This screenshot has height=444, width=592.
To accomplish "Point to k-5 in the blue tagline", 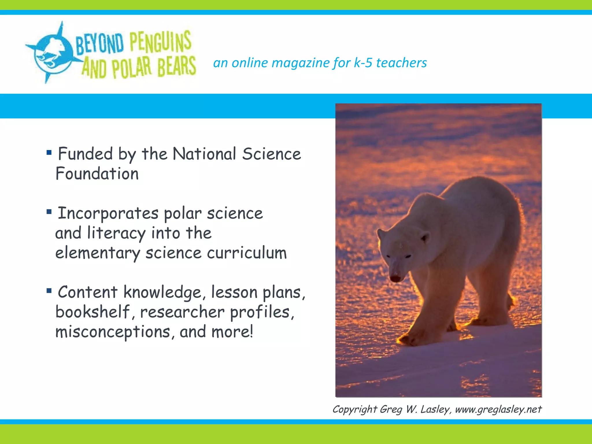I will [x=363, y=63].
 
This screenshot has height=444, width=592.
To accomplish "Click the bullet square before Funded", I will [x=49, y=152].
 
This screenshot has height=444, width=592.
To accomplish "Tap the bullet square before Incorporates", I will [x=49, y=212].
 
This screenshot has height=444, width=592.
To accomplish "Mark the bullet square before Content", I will [x=49, y=291].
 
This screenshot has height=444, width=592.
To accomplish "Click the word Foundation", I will [x=97, y=174].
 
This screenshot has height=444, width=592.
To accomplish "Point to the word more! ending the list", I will [x=232, y=332].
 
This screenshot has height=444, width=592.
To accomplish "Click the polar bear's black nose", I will [x=395, y=278].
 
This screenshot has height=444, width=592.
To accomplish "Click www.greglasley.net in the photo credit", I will [x=498, y=409].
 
